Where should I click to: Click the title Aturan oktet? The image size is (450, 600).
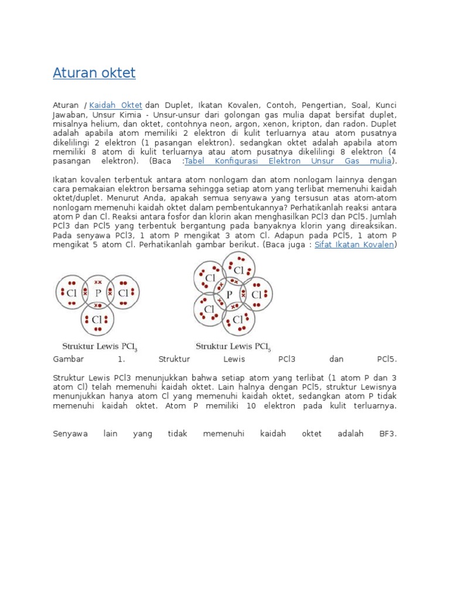point(94,73)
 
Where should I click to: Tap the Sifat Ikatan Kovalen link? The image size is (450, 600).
point(354,244)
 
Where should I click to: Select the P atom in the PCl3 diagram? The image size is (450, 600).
point(98,292)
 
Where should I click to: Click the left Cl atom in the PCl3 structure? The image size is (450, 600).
point(72,292)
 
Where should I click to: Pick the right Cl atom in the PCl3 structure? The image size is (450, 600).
point(123,292)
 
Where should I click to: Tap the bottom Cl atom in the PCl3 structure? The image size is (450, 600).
point(98,319)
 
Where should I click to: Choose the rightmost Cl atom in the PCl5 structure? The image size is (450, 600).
point(256,295)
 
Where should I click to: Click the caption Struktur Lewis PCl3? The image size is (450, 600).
point(100,346)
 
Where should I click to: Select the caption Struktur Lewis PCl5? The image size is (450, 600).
point(233,346)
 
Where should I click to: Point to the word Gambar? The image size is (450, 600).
point(69,359)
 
